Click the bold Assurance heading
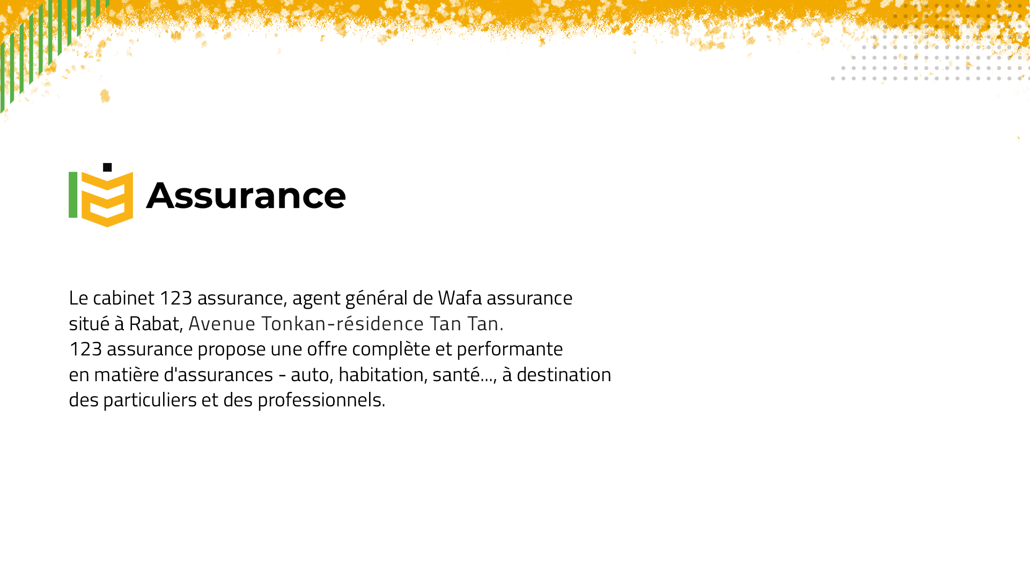(x=246, y=195)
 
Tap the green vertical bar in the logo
(x=73, y=195)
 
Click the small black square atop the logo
(x=107, y=167)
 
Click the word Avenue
(x=222, y=323)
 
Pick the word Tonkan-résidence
(x=342, y=323)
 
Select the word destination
(x=564, y=374)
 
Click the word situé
(x=89, y=323)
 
